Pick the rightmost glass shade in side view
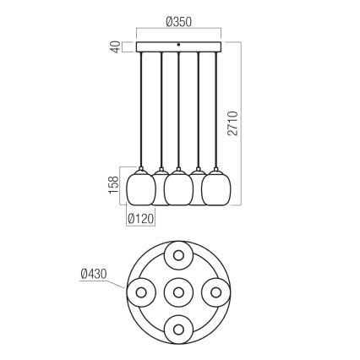click(x=217, y=188)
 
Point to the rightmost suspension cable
click(x=217, y=110)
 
